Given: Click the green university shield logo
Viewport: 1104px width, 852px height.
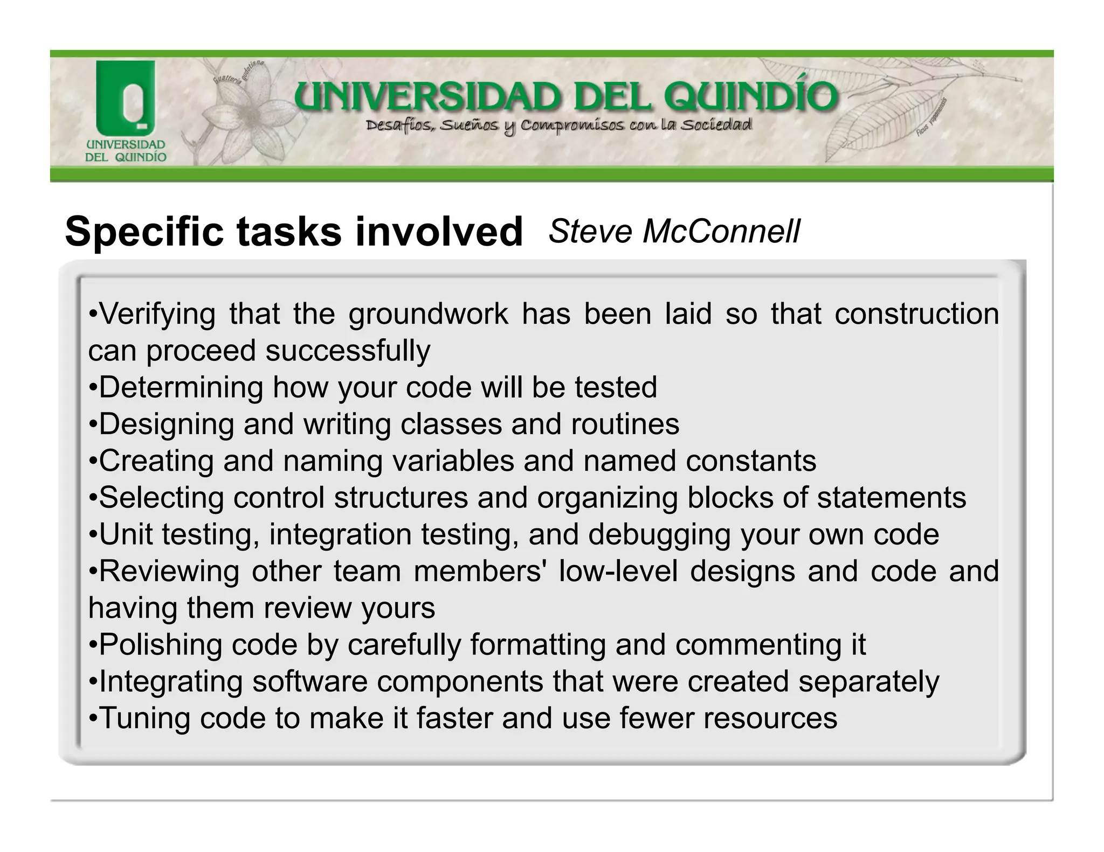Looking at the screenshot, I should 126,97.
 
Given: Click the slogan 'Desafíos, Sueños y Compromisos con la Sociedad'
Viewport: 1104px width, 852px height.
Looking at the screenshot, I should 558,126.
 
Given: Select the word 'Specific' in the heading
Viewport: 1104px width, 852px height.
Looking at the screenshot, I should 143,232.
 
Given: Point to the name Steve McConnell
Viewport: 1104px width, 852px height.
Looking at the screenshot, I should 674,232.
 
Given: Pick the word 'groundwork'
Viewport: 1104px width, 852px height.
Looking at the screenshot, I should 428,314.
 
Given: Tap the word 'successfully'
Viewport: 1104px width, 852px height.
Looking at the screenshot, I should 348,351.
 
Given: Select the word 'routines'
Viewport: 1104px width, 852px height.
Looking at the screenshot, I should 625,424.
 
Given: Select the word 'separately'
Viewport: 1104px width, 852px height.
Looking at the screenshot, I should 868,681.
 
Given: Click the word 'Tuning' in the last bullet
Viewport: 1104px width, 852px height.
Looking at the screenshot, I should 144,718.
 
